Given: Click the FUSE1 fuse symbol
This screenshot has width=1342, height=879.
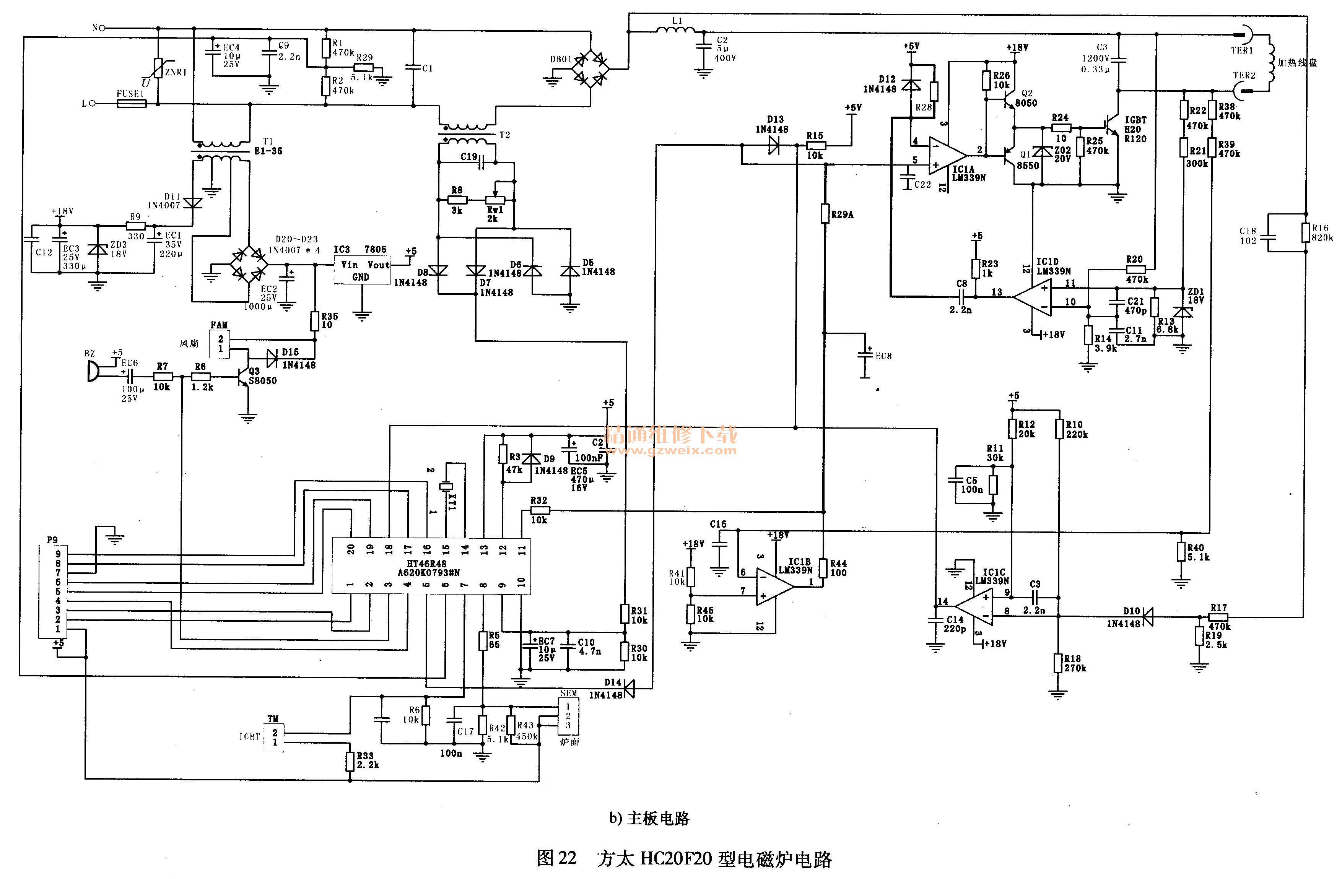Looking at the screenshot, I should pos(132,104).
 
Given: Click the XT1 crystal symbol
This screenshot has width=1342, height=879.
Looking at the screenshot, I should pos(447,486).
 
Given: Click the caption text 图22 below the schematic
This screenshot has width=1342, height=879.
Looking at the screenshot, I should pos(556,858).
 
